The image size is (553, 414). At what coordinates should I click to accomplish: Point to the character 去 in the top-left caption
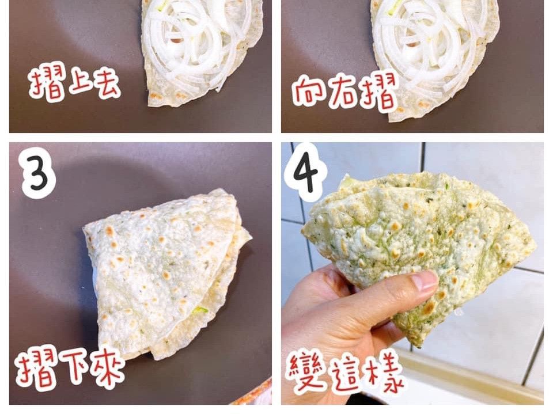[x=104, y=84]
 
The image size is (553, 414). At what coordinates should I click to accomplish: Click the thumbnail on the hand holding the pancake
[x=425, y=280]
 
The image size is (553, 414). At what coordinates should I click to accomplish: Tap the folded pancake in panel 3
[x=166, y=275]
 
